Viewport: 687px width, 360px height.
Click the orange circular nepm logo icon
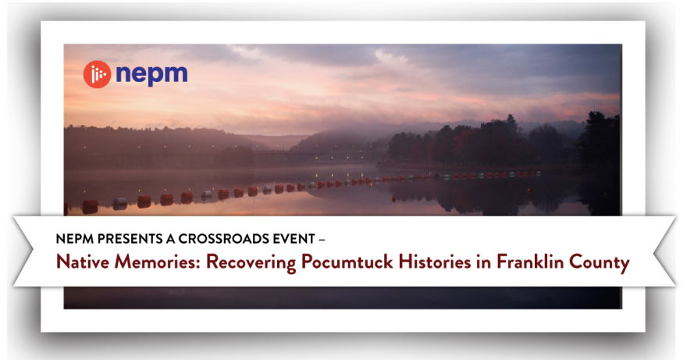97,74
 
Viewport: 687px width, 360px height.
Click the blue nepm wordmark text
151,73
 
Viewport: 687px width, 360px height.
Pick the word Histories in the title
435,262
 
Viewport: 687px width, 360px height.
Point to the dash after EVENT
322,239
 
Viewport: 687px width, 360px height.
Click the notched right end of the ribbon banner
664,251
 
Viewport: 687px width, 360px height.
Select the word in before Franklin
484,262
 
